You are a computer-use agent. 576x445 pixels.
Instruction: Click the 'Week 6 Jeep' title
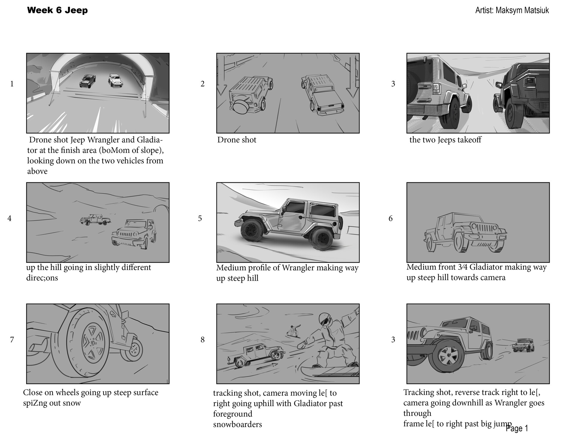point(57,10)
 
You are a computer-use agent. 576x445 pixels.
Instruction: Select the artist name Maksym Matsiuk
point(512,10)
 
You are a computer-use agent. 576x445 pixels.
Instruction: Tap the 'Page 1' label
point(517,428)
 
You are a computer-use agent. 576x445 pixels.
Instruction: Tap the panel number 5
point(200,218)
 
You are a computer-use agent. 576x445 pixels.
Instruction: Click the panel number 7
point(12,339)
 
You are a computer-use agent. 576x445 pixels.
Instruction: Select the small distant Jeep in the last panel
point(523,345)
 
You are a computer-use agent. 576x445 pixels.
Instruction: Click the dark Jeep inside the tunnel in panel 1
point(87,81)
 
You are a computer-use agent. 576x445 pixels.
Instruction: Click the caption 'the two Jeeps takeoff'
point(445,140)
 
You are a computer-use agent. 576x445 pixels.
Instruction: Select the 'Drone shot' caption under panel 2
point(237,140)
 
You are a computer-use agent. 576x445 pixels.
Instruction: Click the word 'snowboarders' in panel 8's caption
point(237,424)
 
